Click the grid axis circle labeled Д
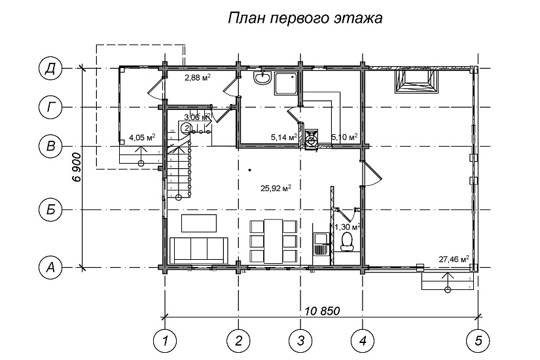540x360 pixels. point(50,68)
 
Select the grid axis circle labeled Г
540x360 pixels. point(50,107)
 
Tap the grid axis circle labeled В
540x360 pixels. point(50,145)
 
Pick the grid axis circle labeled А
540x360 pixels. point(50,267)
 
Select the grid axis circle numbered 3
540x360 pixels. point(300,340)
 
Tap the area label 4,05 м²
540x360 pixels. point(141,137)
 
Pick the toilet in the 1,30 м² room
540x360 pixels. point(347,242)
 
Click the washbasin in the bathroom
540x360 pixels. point(262,79)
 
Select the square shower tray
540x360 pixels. point(286,83)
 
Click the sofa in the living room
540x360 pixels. point(198,249)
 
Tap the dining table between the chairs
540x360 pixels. point(275,240)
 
